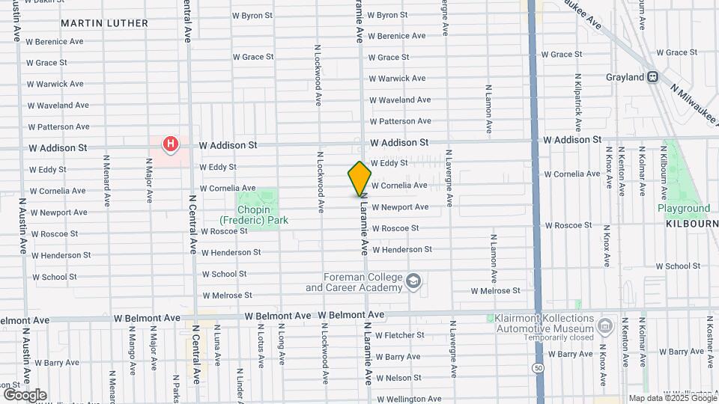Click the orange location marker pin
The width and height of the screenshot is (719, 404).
tap(360, 179)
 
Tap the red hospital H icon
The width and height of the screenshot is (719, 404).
tap(171, 143)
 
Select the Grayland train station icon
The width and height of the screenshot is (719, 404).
tap(653, 76)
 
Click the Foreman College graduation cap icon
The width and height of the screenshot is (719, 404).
tap(413, 282)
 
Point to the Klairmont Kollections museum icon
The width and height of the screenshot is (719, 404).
tap(606, 325)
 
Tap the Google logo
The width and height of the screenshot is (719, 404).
tap(25, 394)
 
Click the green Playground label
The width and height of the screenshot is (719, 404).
tap(683, 208)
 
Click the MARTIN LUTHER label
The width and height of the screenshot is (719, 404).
tap(105, 23)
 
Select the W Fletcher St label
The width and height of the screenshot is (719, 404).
tap(400, 335)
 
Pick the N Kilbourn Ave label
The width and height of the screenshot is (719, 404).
tap(664, 172)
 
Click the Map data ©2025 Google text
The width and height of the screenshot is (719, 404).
tap(671, 398)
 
